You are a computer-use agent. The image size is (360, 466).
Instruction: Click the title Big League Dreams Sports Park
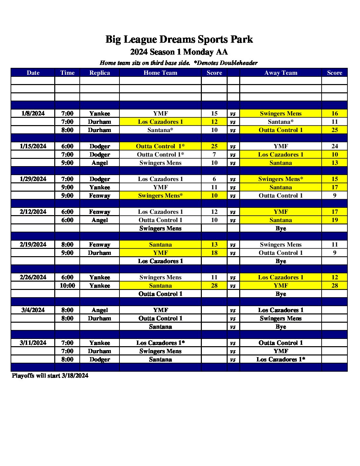tap(179, 39)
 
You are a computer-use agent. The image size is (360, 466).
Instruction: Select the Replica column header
tap(100, 73)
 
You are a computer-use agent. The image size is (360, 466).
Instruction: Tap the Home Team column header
tap(160, 73)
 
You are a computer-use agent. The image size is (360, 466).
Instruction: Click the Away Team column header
tap(281, 73)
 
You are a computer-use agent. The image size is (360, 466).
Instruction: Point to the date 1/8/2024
tap(33, 114)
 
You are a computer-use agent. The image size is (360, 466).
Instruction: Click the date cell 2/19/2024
tap(33, 245)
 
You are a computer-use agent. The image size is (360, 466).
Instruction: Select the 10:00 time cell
tap(67, 286)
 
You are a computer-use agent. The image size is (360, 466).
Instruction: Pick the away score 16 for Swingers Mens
tap(335, 114)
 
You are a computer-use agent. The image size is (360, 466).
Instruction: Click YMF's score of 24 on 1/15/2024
tap(335, 146)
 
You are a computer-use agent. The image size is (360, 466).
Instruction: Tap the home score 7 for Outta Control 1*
tap(214, 155)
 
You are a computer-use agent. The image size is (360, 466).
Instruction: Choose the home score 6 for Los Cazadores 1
tap(214, 179)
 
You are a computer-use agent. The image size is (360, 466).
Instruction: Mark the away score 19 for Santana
tap(335, 220)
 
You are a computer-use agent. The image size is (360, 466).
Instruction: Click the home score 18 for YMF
tap(214, 253)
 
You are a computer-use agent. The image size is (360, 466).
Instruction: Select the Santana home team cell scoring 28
tap(160, 286)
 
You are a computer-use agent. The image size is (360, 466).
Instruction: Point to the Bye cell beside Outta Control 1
tap(281, 294)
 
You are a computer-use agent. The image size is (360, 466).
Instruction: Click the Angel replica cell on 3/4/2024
tap(100, 310)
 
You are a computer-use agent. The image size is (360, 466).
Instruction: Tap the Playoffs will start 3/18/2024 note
tap(50, 376)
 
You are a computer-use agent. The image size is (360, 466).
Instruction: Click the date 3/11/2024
tap(33, 343)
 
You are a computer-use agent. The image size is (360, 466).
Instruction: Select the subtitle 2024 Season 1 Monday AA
tap(179, 52)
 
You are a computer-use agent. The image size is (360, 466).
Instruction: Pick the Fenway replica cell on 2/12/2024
tap(100, 212)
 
